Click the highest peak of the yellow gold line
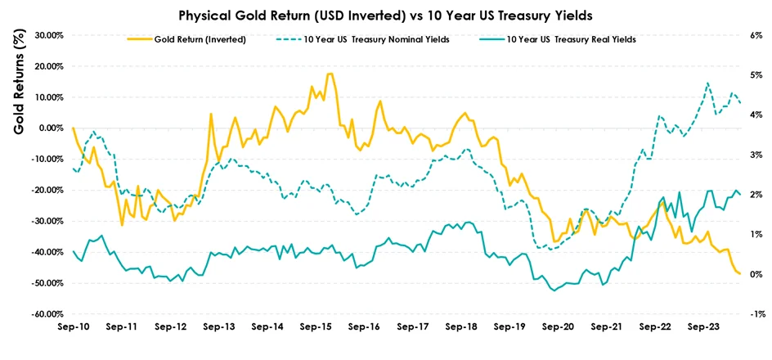(330, 74)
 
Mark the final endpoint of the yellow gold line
(739, 273)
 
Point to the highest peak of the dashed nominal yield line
(707, 83)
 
